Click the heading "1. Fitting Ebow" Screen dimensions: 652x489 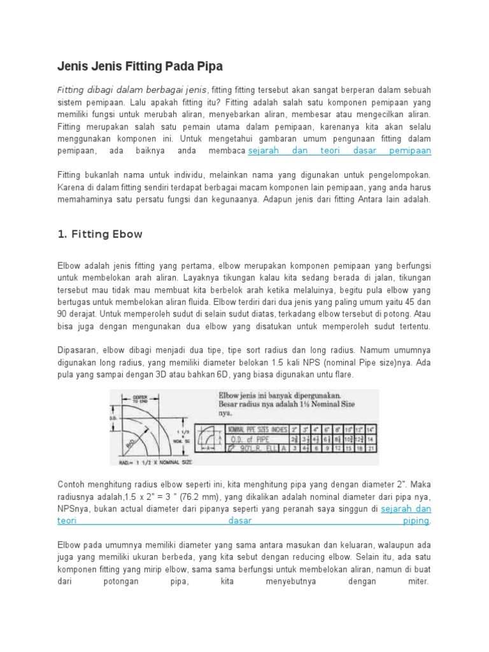coord(100,234)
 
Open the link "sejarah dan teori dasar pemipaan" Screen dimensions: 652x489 coord(339,151)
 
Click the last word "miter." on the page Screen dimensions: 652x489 coord(420,581)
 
